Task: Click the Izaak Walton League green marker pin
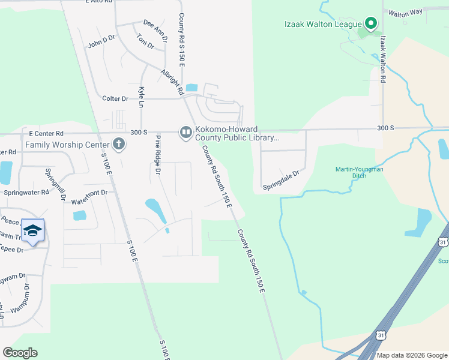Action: tap(370, 24)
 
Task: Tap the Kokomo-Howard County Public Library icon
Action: tap(185, 132)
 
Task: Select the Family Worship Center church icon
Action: tap(118, 144)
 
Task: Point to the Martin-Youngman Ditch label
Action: tap(358, 173)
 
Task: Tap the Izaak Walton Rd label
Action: tap(382, 58)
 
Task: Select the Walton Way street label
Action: tap(405, 12)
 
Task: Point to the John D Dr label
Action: tap(101, 41)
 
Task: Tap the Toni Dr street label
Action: tap(145, 44)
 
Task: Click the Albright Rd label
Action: tap(172, 82)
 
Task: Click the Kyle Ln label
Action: tap(142, 98)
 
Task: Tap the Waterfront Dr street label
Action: tap(90, 193)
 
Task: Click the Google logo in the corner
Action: tap(20, 353)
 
